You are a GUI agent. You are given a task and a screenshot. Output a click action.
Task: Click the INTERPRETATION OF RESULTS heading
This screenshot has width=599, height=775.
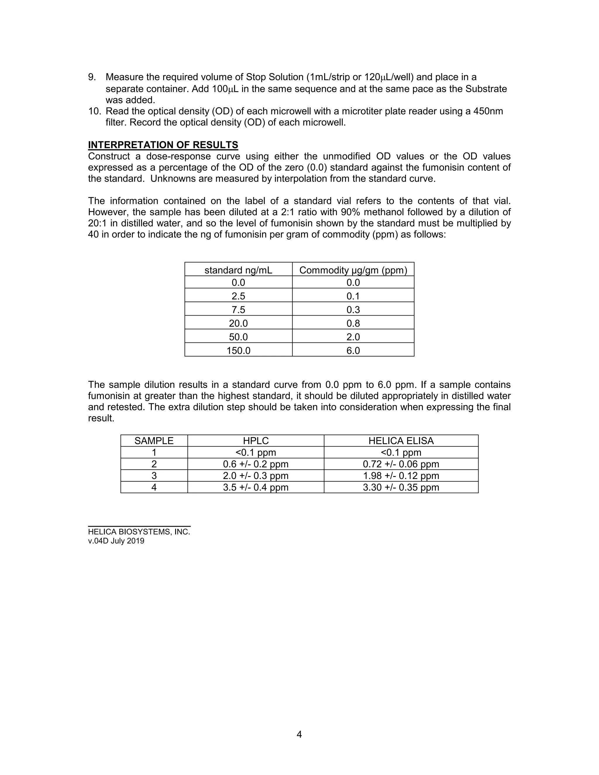(x=163, y=145)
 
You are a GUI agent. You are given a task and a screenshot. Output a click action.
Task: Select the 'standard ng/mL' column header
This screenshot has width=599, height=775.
(x=238, y=271)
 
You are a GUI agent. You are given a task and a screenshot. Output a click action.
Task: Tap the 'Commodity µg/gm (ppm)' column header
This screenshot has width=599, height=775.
(x=353, y=271)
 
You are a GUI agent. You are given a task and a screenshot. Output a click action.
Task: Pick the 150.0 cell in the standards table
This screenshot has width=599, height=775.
(x=238, y=351)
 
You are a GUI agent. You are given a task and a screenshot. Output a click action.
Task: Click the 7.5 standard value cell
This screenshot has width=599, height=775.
(x=238, y=310)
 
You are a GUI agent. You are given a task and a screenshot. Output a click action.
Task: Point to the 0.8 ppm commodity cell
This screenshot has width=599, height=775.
(x=353, y=323)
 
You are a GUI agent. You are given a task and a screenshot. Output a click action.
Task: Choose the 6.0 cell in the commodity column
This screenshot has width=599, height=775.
(x=353, y=351)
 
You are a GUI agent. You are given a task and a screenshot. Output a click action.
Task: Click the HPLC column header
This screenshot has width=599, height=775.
(x=256, y=441)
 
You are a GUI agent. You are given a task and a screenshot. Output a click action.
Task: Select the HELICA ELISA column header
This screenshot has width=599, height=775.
(x=401, y=441)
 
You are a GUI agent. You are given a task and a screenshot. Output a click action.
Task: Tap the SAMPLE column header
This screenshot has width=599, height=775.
(x=154, y=441)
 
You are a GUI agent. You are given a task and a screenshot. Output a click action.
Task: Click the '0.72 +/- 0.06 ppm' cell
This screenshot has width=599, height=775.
(x=401, y=464)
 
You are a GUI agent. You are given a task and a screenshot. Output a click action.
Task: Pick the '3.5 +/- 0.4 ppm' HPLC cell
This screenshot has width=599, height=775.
(x=256, y=487)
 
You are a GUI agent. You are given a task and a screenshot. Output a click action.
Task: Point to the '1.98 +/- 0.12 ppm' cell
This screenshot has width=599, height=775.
(x=401, y=476)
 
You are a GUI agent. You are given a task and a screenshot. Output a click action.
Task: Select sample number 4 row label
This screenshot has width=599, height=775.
(x=154, y=487)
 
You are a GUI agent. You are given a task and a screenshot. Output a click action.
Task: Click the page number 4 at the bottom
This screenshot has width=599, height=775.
(x=299, y=734)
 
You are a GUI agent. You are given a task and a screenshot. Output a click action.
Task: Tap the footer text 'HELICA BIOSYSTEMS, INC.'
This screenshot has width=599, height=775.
(x=139, y=532)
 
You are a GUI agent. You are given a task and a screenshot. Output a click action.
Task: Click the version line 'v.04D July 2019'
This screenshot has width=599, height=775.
(x=116, y=541)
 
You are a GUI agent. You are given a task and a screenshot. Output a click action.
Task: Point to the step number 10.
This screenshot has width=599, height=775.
(x=94, y=111)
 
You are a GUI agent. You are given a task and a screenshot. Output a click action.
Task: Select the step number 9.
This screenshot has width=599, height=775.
(x=92, y=77)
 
